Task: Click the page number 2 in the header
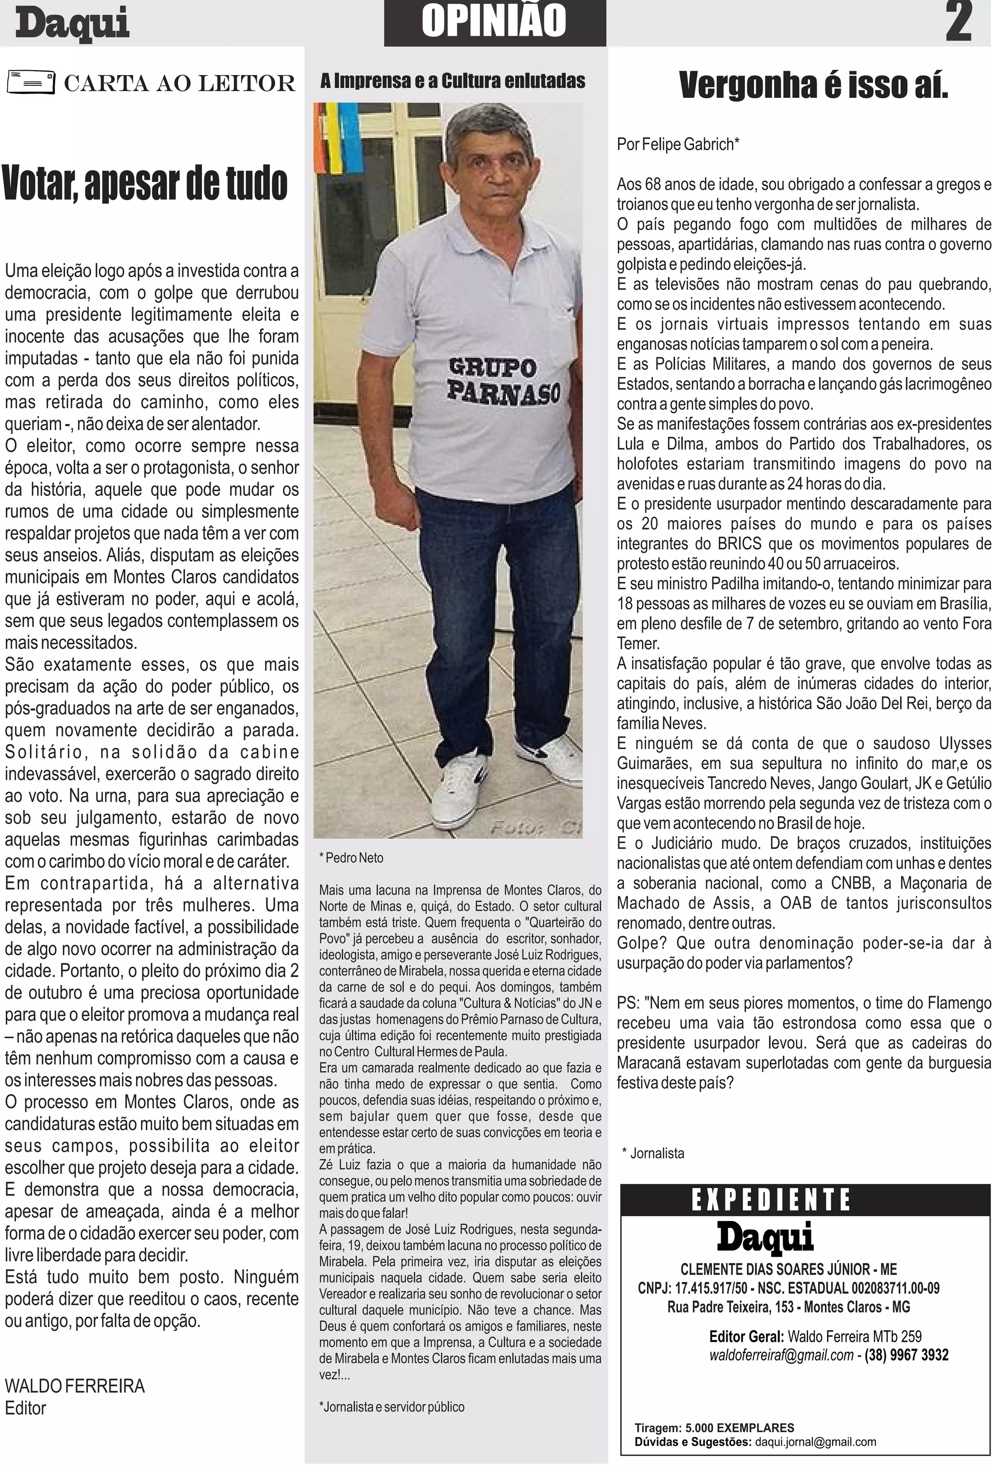958,23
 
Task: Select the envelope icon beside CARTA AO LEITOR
31,81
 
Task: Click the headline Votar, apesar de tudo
145,183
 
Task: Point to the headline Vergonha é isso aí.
813,85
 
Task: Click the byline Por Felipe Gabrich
678,144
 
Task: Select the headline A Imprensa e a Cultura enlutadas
452,81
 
